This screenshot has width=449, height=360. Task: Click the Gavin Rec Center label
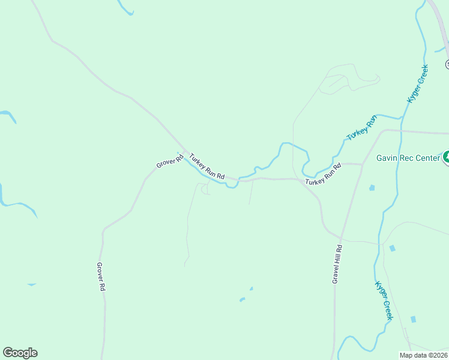coord(408,158)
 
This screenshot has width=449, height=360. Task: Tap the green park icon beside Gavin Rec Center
coord(447,158)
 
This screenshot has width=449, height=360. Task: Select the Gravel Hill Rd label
coord(338,264)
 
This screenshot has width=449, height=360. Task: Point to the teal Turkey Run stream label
coord(363,127)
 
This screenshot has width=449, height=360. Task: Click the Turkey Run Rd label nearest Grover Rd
coord(206,167)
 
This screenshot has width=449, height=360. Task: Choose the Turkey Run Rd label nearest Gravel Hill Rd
coord(323,174)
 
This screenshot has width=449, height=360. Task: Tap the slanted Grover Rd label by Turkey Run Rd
coord(170,161)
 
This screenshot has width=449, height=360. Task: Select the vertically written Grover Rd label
coord(101,277)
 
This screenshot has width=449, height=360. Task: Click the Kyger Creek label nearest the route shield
coord(418,83)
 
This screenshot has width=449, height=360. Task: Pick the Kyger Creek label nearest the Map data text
coord(384,300)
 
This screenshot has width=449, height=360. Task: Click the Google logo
coord(20,353)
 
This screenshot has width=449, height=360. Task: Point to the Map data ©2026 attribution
coord(423,355)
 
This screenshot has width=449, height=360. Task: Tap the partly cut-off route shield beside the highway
coord(447,64)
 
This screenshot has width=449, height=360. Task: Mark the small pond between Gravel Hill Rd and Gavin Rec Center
coord(372,188)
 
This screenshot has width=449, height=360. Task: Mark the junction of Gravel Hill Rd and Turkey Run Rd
coord(362,164)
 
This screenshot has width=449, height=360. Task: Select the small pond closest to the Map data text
coord(413,319)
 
